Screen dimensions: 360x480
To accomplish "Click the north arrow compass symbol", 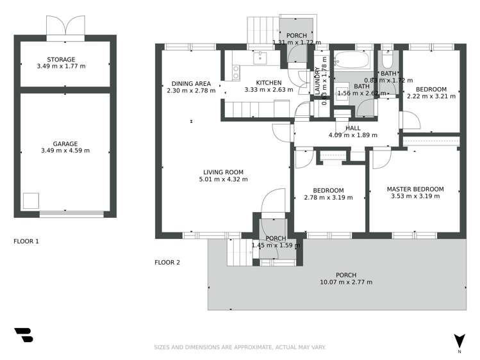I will [459, 341].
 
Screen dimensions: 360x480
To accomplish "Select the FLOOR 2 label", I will [167, 262].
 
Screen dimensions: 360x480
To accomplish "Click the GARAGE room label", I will [65, 143].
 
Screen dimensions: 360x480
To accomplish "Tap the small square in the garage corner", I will [31, 200].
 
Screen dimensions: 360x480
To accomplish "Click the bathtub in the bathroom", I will [351, 61].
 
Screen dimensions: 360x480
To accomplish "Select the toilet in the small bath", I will [387, 61].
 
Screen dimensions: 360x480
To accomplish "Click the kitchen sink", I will [260, 58].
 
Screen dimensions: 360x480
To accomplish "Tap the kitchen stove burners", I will [236, 72].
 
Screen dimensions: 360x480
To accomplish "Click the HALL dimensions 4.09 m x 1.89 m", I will [353, 135].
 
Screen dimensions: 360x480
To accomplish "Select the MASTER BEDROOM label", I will [415, 189].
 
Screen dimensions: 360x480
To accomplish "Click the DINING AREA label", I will [191, 83].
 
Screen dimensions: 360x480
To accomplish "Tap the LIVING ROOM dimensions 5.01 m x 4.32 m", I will [223, 179].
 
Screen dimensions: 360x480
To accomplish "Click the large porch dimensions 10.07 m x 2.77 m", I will [345, 282].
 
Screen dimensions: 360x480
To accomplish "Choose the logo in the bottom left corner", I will [23, 335].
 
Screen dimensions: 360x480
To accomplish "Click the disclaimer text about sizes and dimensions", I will [240, 347].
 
